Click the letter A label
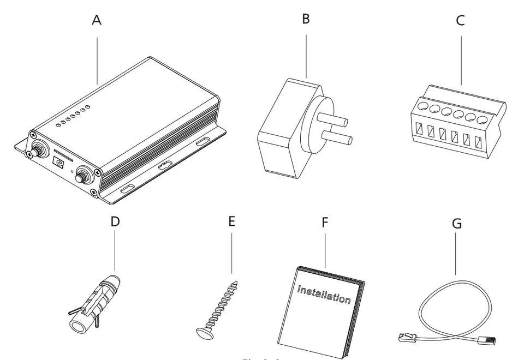97,20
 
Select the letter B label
306,19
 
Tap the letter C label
460,21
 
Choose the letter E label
231,221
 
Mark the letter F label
325,223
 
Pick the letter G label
457,224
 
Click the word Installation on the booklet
324,295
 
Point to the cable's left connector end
408,339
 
